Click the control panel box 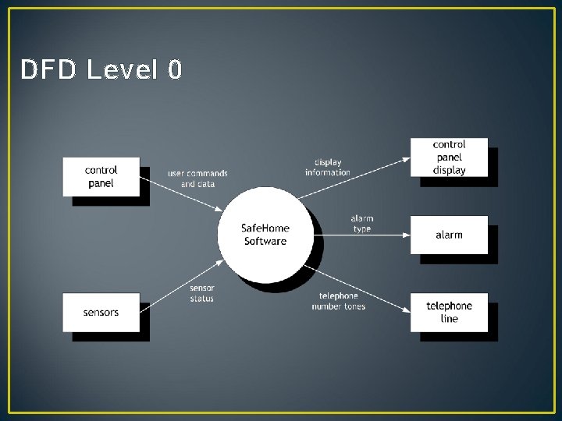point(101,176)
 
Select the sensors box point(101,312)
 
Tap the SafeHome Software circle point(265,234)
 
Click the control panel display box point(449,157)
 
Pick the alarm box point(449,235)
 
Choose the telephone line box point(449,312)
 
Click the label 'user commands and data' point(197,179)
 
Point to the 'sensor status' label point(201,293)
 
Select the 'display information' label point(328,168)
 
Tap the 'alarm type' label point(361,224)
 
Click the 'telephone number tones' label point(339,301)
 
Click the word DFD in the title point(48,70)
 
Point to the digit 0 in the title point(174,70)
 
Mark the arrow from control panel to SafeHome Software point(181,193)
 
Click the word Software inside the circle point(265,241)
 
